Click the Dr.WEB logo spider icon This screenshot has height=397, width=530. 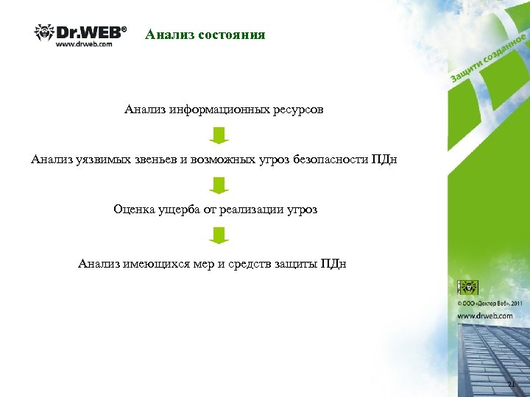click(x=45, y=33)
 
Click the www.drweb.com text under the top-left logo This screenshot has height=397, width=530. click(x=85, y=46)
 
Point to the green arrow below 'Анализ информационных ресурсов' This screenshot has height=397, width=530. click(x=219, y=135)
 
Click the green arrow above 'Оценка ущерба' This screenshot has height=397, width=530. click(x=219, y=185)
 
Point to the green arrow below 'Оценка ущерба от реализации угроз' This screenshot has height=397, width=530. click(x=219, y=235)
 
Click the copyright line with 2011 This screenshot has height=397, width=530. click(x=490, y=302)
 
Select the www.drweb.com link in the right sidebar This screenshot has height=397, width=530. click(x=485, y=315)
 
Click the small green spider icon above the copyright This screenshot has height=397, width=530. click(x=469, y=287)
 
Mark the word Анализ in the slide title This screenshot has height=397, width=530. click(x=166, y=35)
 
